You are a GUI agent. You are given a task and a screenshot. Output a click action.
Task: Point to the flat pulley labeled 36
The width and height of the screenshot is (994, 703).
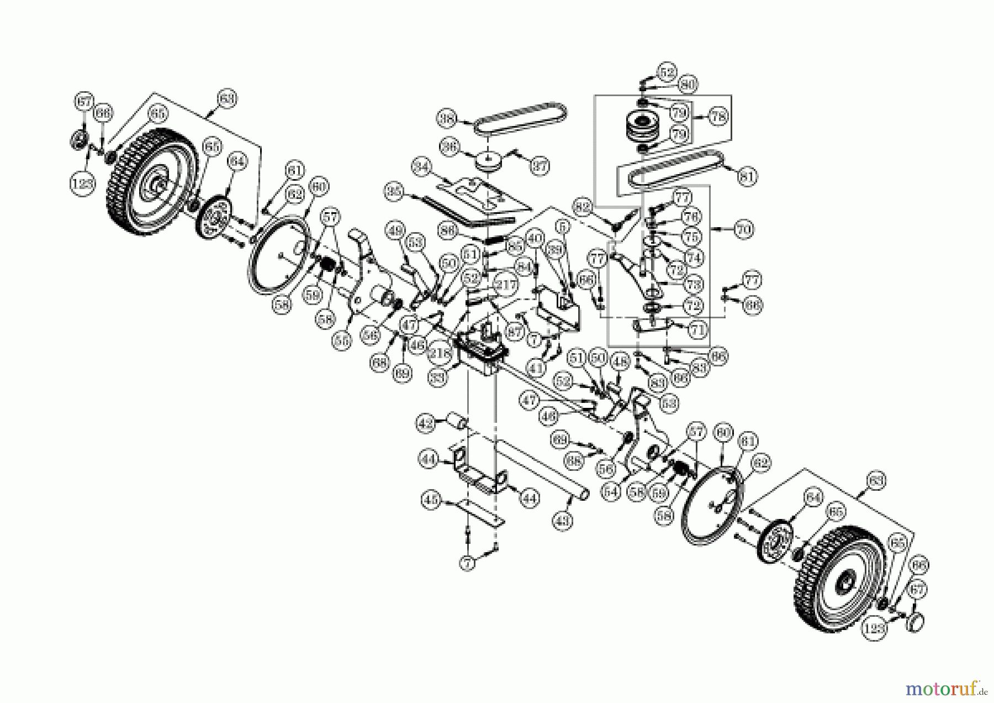(x=488, y=162)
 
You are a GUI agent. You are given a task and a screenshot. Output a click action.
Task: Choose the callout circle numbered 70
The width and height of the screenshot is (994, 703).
(x=744, y=229)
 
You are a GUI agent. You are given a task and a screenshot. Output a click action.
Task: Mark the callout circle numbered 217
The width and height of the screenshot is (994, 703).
(x=505, y=286)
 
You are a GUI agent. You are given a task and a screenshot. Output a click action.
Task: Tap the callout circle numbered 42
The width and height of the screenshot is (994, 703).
(x=425, y=424)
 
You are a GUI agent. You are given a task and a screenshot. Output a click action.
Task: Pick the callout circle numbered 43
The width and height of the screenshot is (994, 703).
(x=563, y=520)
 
